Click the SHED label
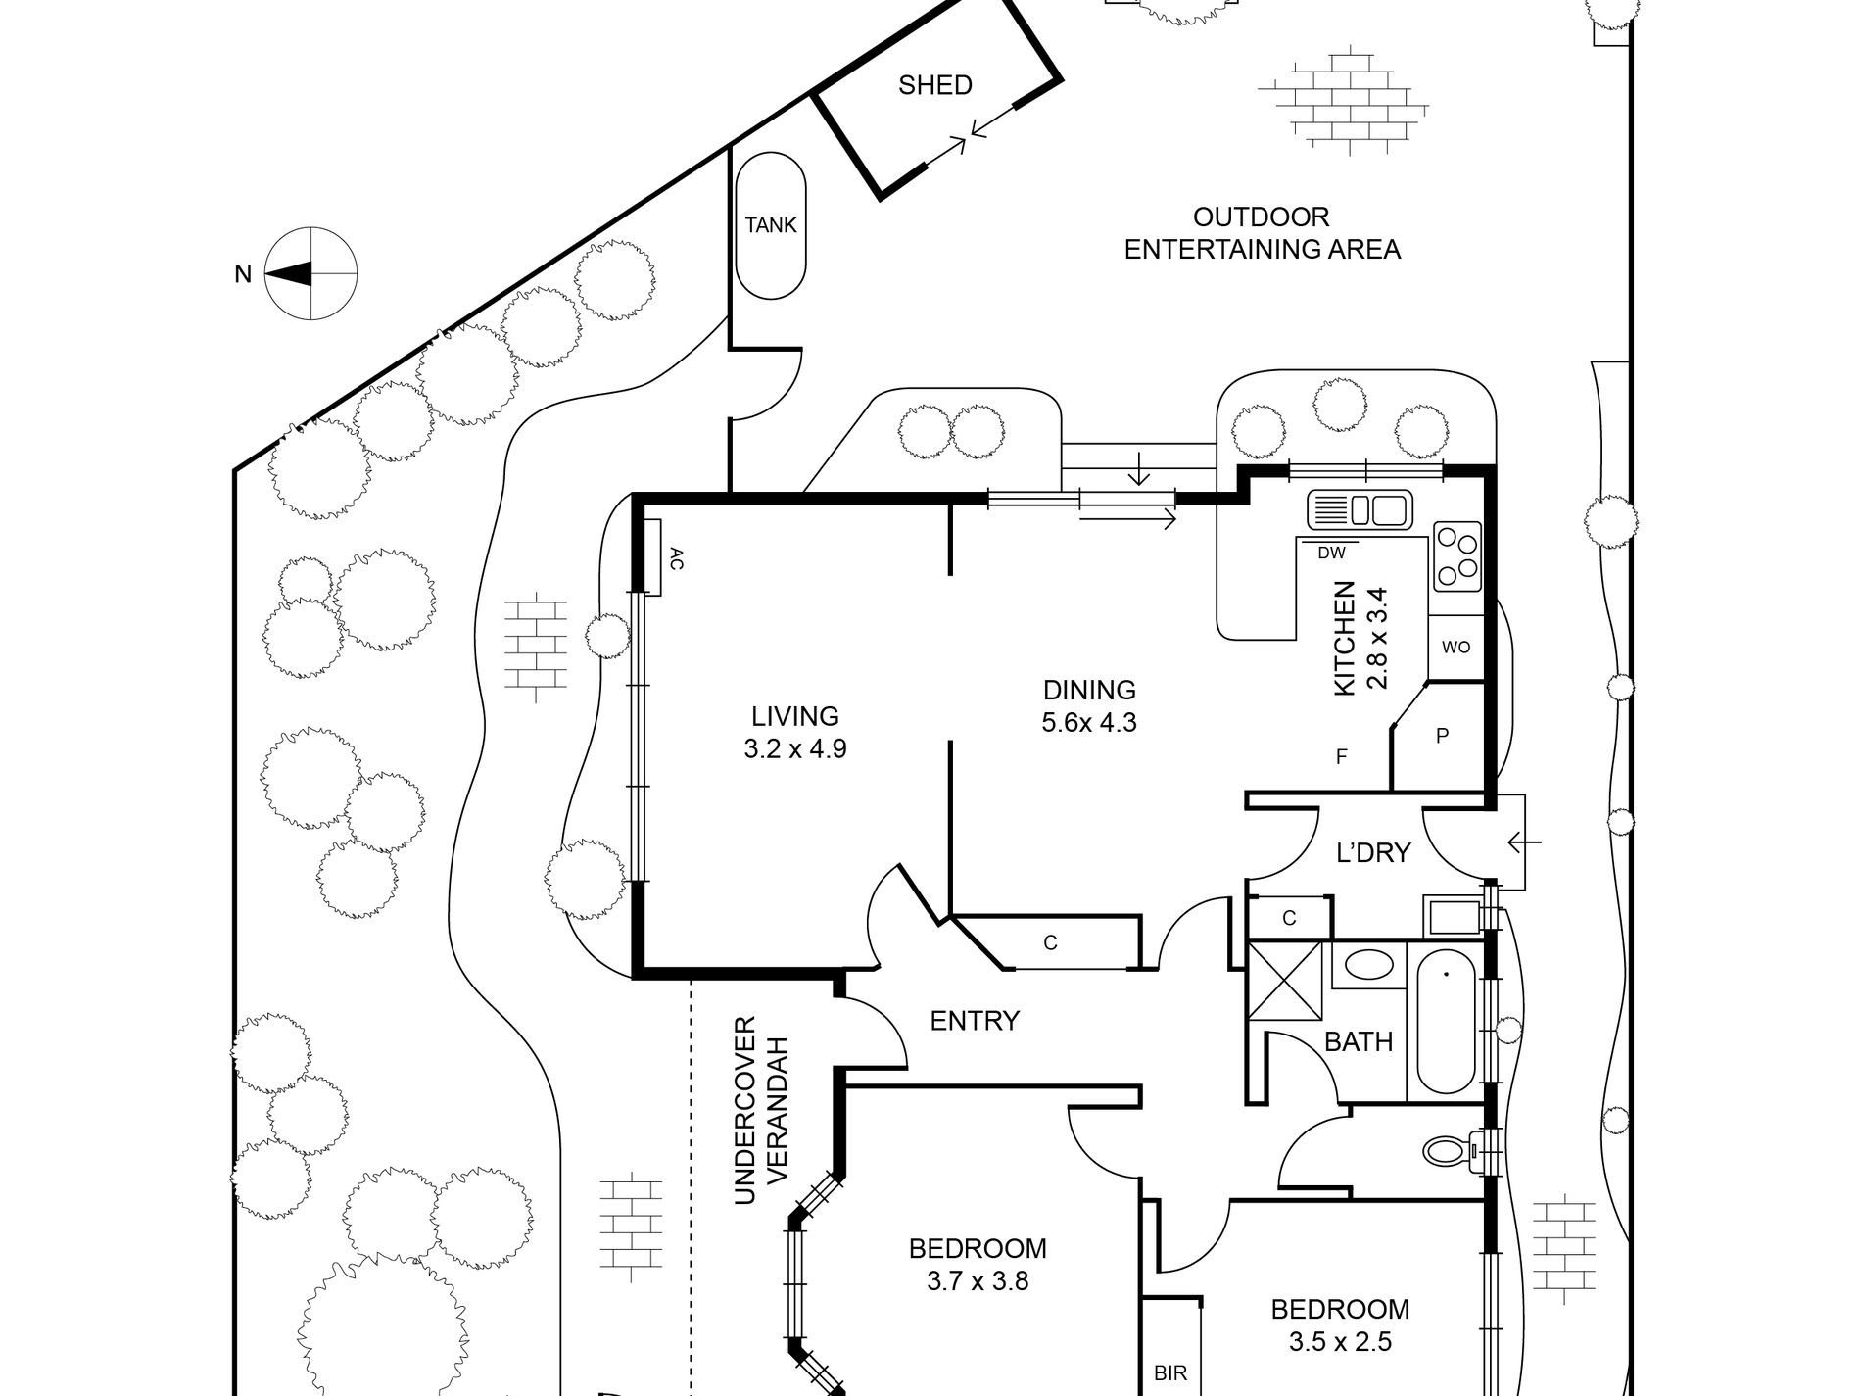tap(935, 85)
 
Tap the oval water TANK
tap(771, 225)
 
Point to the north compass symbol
tap(311, 273)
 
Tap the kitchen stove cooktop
tap(1457, 555)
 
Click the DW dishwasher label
tap(1331, 553)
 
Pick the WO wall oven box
tap(1456, 648)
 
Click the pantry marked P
tap(1441, 736)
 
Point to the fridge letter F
tap(1342, 757)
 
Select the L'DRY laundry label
tap(1373, 853)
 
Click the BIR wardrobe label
tap(1170, 1373)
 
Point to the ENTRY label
tap(975, 1022)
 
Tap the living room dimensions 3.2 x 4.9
tap(795, 749)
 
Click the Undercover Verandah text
tap(760, 1111)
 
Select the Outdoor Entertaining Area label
tap(1262, 233)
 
